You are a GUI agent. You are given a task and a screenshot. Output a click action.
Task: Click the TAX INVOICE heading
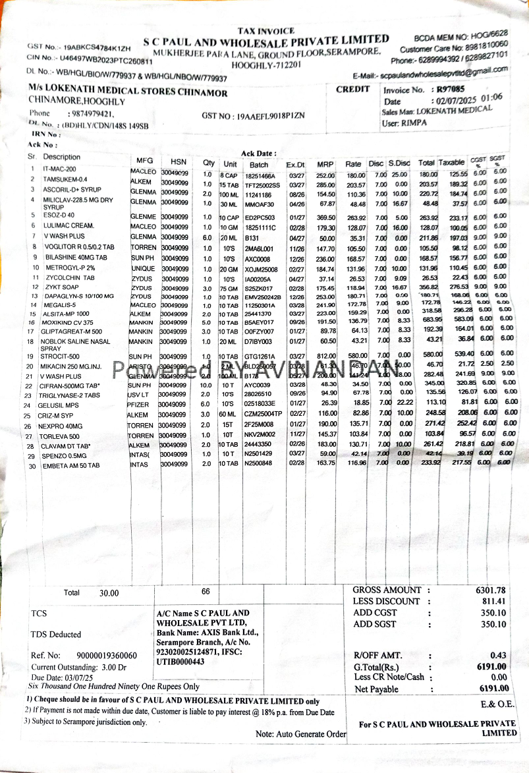pos(266,31)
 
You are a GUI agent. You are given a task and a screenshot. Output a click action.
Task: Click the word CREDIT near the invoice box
pos(353,90)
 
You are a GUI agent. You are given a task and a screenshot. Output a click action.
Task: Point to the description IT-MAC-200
pos(60,169)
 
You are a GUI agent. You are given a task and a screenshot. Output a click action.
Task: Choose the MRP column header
pos(325,164)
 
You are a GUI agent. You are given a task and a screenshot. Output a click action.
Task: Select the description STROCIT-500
pos(60,357)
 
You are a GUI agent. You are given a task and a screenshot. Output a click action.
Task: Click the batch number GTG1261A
pos(260,357)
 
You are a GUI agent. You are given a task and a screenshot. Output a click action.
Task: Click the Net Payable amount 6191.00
pos(493,689)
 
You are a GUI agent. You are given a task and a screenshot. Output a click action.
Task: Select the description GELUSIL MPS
pos(58,405)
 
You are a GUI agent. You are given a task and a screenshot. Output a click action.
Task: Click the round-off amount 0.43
pos(498,655)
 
